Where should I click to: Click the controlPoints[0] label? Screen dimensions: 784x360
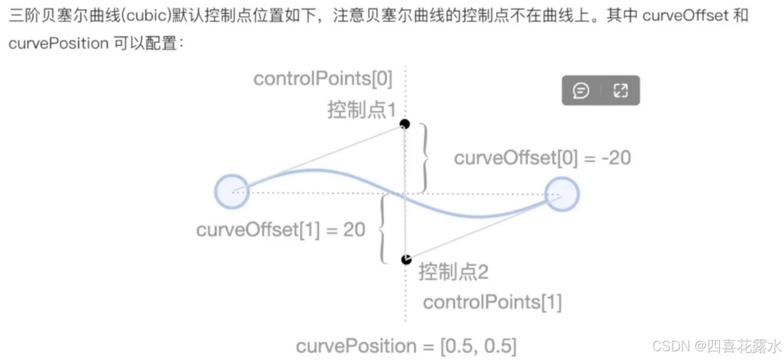(323, 79)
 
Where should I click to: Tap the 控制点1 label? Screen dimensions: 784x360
(362, 110)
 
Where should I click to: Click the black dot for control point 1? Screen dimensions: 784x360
(404, 124)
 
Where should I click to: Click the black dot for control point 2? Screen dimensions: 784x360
(406, 260)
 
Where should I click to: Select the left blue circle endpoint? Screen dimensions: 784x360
(232, 191)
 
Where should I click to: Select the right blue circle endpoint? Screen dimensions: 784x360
(562, 194)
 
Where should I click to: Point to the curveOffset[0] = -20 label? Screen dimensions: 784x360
(542, 158)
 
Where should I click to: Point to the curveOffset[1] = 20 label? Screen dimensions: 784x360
(281, 230)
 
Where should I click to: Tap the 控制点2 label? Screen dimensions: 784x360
(453, 271)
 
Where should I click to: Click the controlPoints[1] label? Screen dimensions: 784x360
(492, 302)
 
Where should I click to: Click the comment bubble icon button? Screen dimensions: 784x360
(581, 91)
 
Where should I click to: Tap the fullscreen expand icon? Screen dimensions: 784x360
(620, 91)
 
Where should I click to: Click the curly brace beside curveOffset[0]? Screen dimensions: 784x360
(425, 158)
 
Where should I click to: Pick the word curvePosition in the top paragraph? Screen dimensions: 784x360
(59, 43)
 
